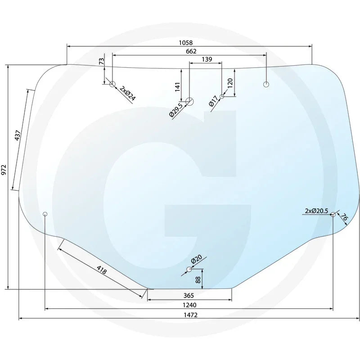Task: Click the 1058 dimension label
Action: point(186,43)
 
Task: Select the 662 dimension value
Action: point(191,51)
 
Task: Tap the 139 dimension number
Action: point(207,59)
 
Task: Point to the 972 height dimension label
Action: point(4,170)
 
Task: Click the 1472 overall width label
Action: point(190,315)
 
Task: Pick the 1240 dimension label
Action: point(189,305)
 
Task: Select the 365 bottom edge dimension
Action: point(189,295)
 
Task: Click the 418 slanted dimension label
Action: point(102,270)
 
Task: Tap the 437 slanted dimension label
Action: point(18,135)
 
